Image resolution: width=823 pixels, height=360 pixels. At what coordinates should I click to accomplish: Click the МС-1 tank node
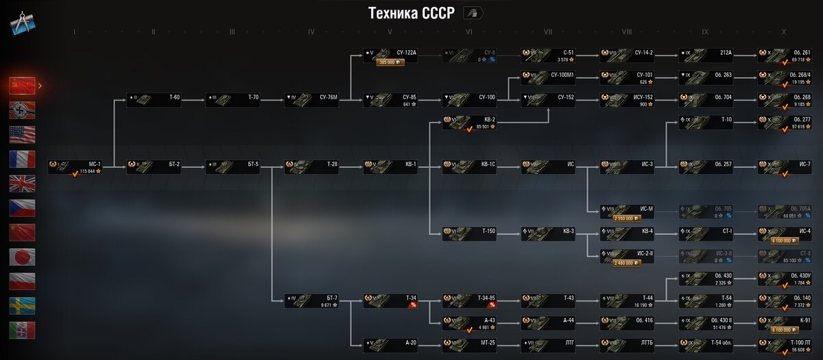click(76, 167)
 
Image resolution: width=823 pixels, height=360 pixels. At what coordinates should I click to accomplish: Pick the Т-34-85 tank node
click(470, 300)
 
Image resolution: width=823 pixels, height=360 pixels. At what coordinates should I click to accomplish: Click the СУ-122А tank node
click(392, 55)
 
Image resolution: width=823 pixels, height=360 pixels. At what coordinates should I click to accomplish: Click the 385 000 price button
click(390, 62)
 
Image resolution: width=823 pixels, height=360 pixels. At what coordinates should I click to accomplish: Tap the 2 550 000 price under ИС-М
click(627, 218)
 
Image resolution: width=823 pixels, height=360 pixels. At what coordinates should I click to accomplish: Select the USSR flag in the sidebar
click(22, 85)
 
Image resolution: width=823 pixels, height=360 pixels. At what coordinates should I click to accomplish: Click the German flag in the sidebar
click(22, 110)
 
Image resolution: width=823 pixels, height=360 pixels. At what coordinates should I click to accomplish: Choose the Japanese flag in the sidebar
click(22, 257)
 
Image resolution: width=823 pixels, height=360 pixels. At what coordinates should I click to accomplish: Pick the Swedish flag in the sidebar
click(22, 306)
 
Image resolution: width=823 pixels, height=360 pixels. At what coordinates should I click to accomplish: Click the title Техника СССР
click(411, 14)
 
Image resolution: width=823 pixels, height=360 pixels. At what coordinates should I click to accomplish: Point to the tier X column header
click(784, 32)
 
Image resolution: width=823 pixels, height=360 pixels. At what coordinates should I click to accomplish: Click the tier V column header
click(390, 32)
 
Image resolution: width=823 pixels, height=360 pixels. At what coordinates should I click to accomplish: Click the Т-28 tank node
click(313, 167)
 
